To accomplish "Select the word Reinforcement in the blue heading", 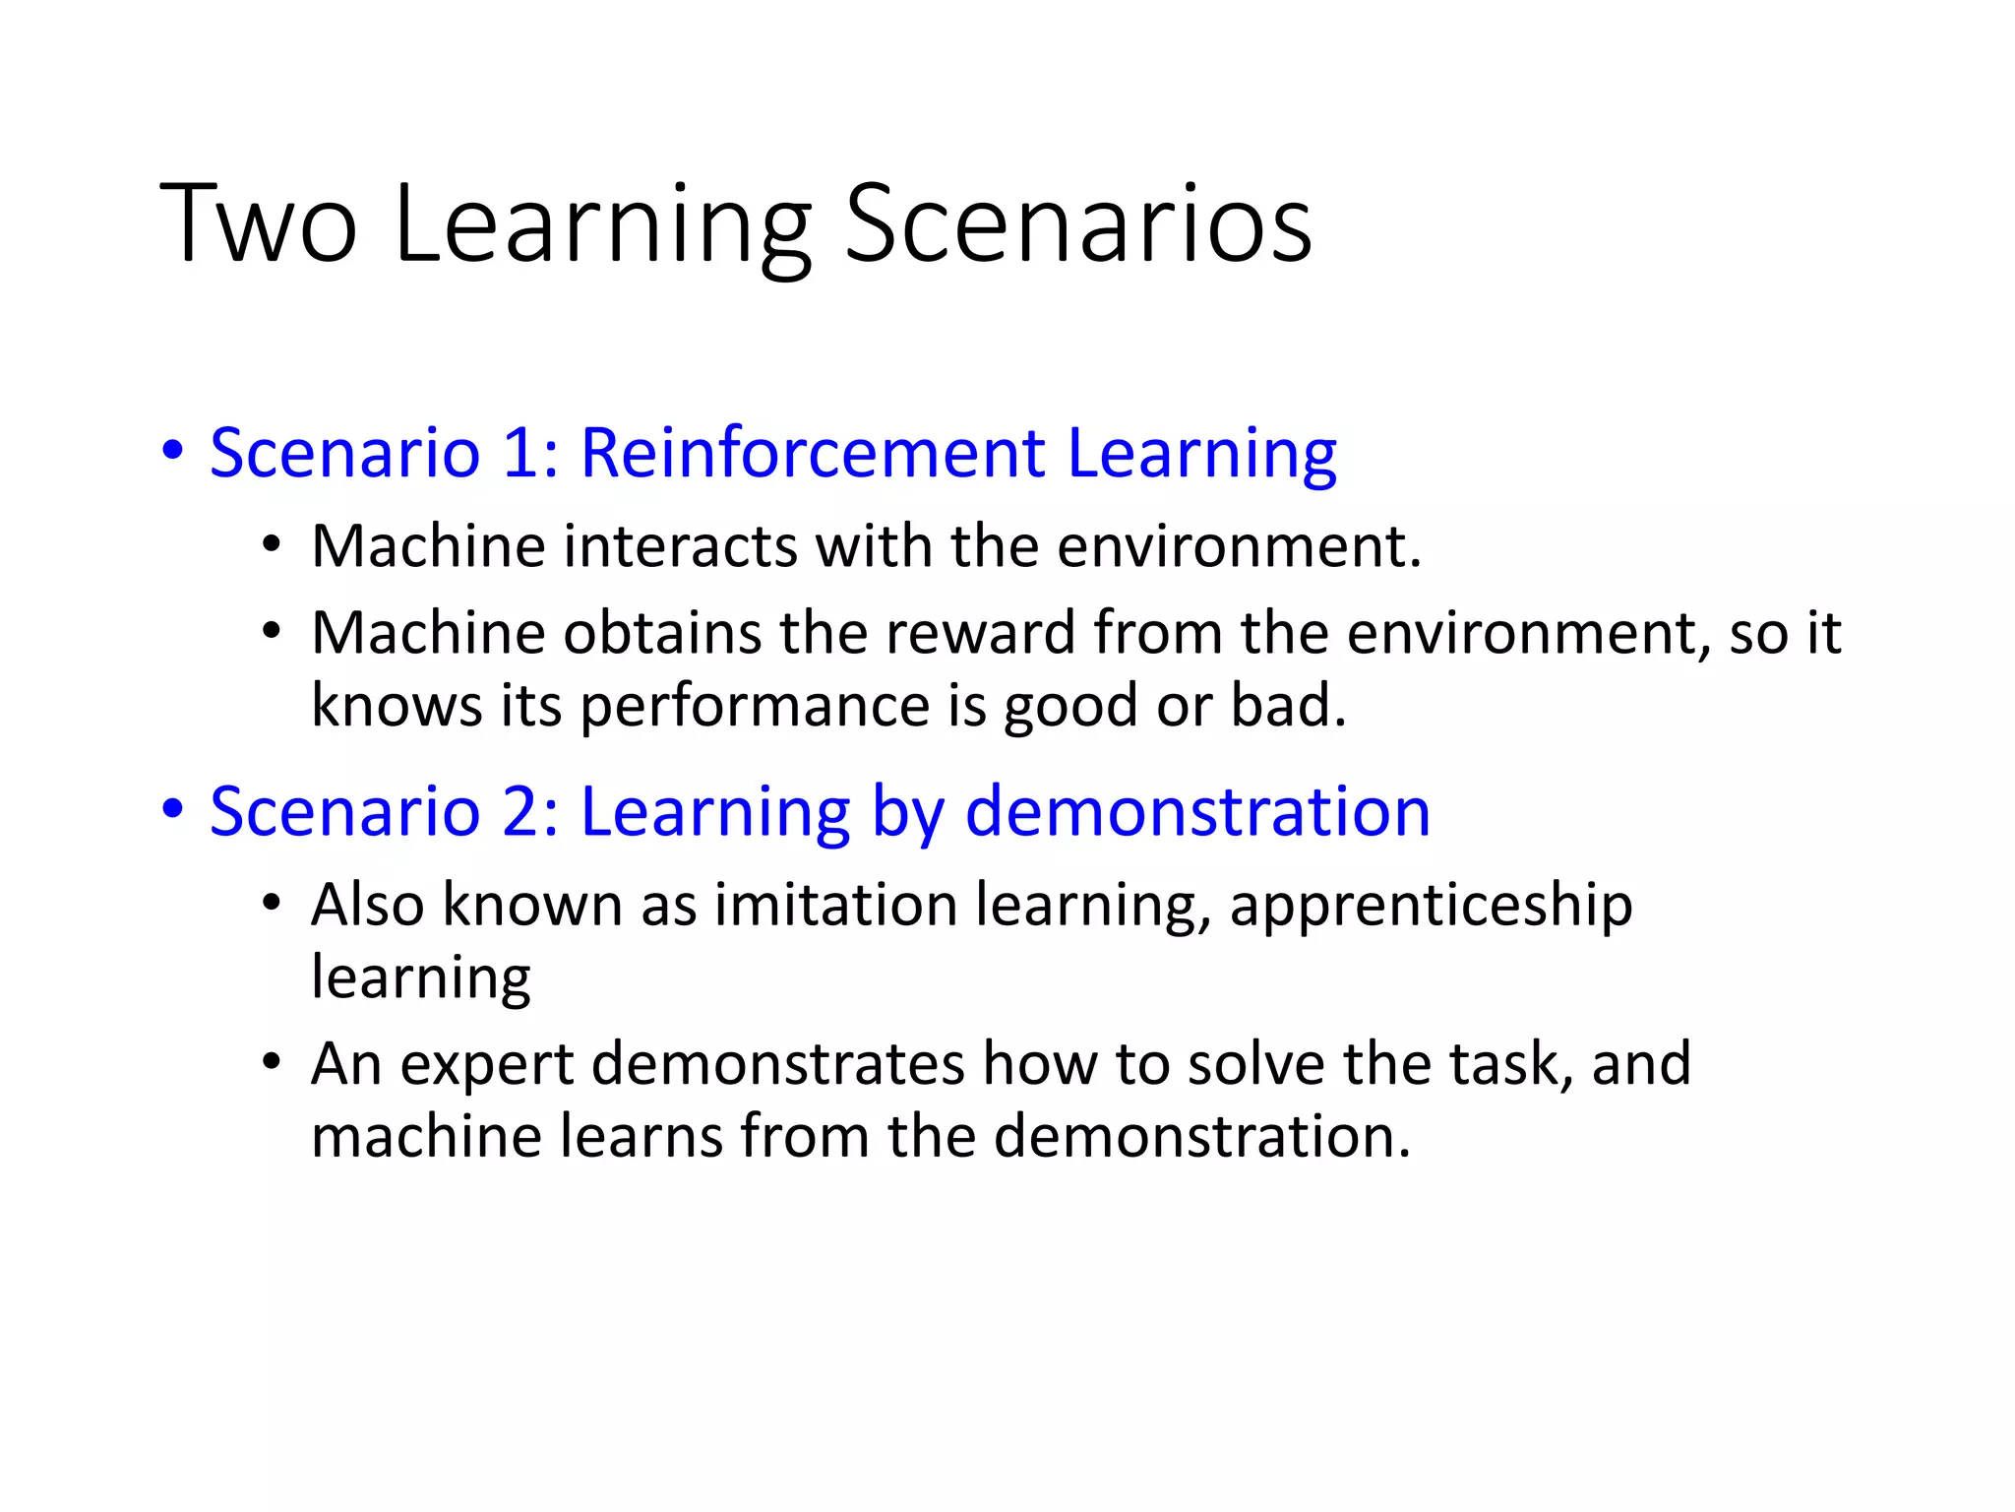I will [x=813, y=454].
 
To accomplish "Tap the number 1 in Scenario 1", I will [x=520, y=454].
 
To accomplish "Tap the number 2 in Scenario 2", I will [x=520, y=812].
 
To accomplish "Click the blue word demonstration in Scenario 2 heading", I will [x=1197, y=812].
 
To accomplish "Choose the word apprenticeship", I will [x=1431, y=906].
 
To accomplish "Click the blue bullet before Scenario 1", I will [x=173, y=452].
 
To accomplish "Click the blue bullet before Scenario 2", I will [x=173, y=810].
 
